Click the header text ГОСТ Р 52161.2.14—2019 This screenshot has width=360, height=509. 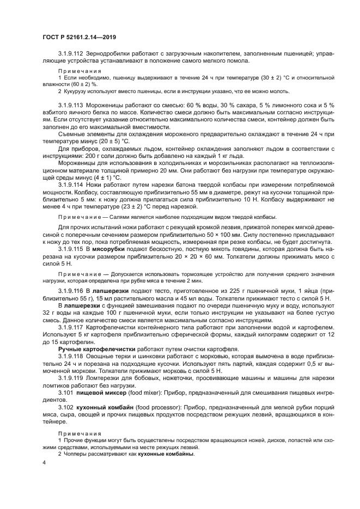click(x=80, y=36)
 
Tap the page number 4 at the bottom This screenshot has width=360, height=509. click(x=44, y=462)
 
